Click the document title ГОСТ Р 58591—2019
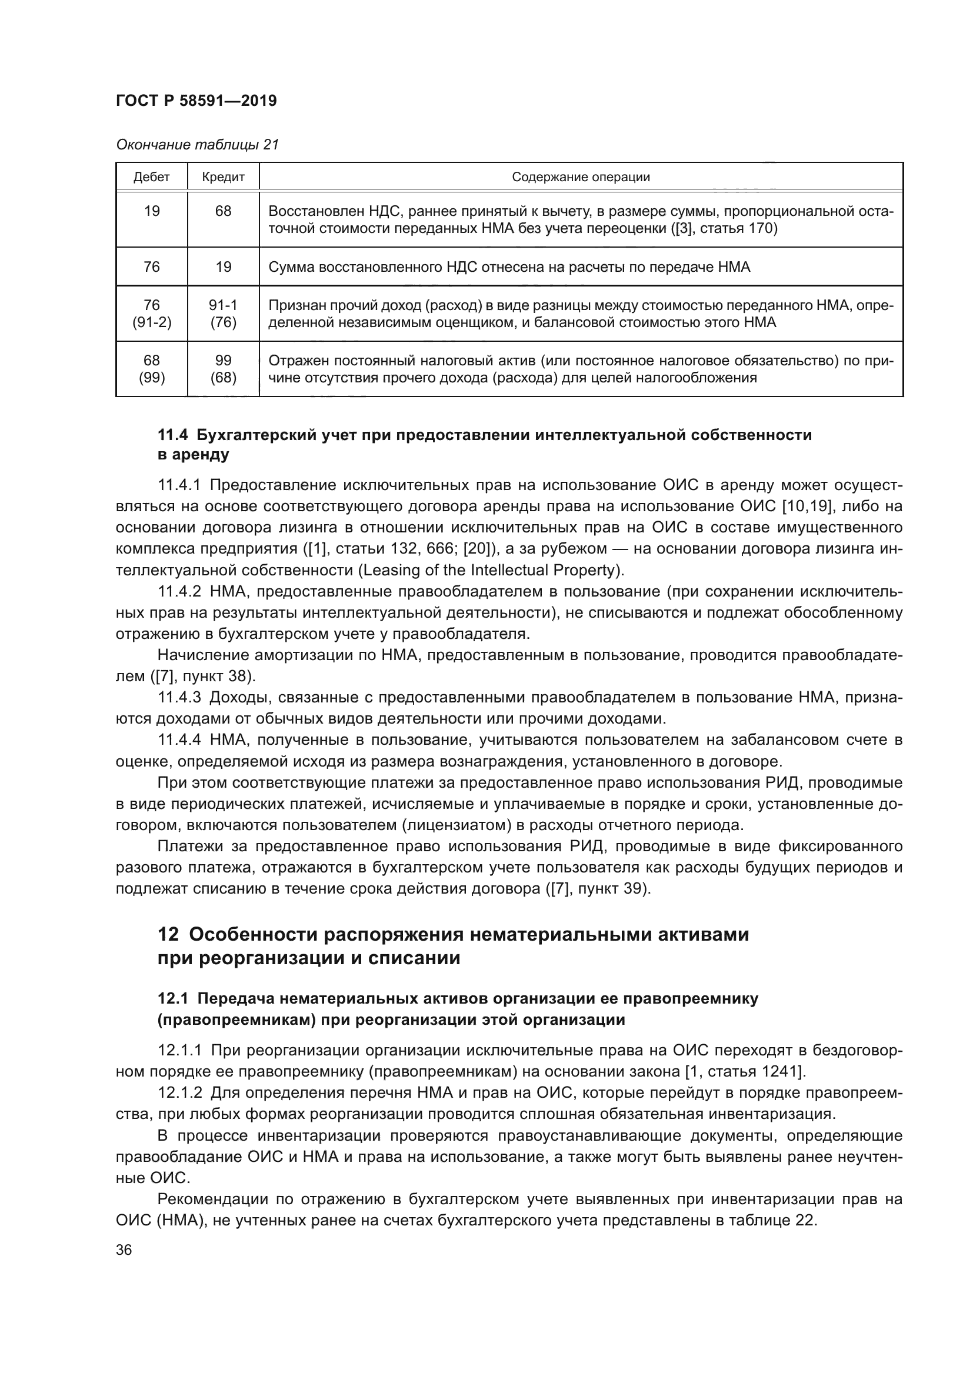pos(196,101)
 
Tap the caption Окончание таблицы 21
pos(197,145)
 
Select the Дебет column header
pos(152,177)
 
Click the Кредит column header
pos(223,177)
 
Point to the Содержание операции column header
pos(581,177)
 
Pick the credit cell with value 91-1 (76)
pos(223,314)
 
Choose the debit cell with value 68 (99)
pos(152,369)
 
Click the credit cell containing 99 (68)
pos(223,369)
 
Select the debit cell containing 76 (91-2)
pos(152,314)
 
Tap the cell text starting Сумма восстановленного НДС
pos(509,266)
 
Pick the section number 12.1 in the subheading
pos(172,998)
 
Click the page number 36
pos(124,1250)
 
